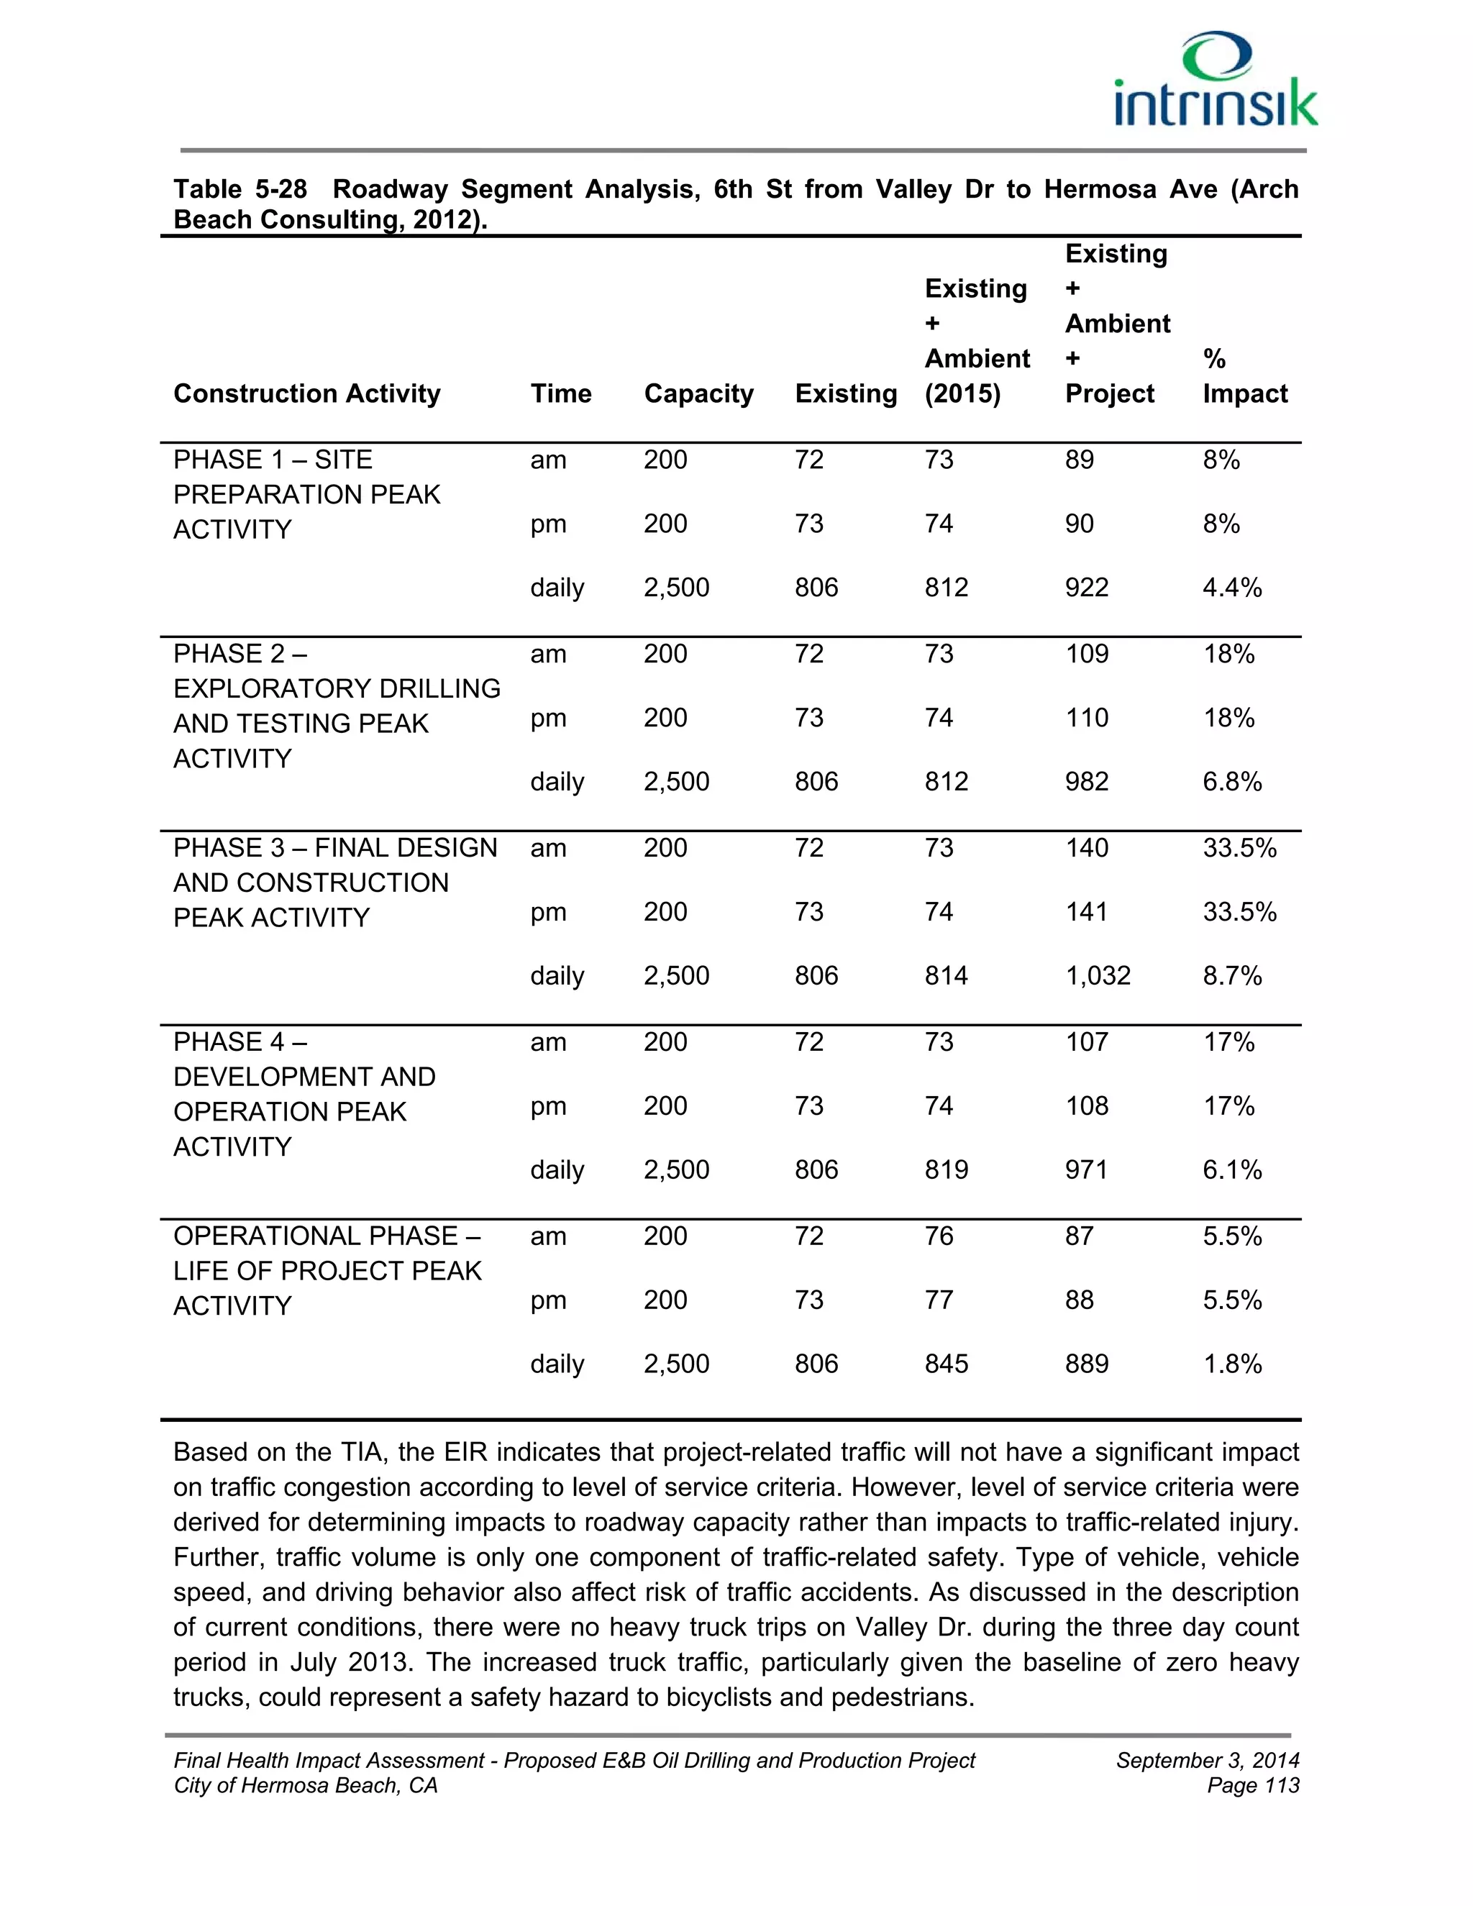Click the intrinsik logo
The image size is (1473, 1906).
1215,81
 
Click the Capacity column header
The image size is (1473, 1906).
698,393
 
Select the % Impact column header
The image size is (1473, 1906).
1244,376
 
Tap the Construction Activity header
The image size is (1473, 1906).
306,393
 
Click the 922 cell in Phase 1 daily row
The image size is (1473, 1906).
1087,588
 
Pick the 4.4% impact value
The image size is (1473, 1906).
1231,588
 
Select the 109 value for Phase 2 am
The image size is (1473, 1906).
1087,654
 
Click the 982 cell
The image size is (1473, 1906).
1087,781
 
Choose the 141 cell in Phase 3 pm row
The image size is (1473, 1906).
1087,911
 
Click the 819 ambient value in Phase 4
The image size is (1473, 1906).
946,1169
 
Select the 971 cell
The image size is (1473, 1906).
1087,1169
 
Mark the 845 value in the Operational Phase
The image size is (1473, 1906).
946,1363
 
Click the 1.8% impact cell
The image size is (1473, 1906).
1231,1363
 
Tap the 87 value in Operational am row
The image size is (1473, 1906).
1079,1236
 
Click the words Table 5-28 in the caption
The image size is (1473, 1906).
240,189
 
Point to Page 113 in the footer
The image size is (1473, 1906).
1252,1786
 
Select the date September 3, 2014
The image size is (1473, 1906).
1207,1760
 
